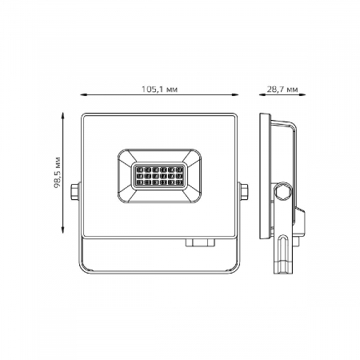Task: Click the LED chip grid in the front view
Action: [x=162, y=176]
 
